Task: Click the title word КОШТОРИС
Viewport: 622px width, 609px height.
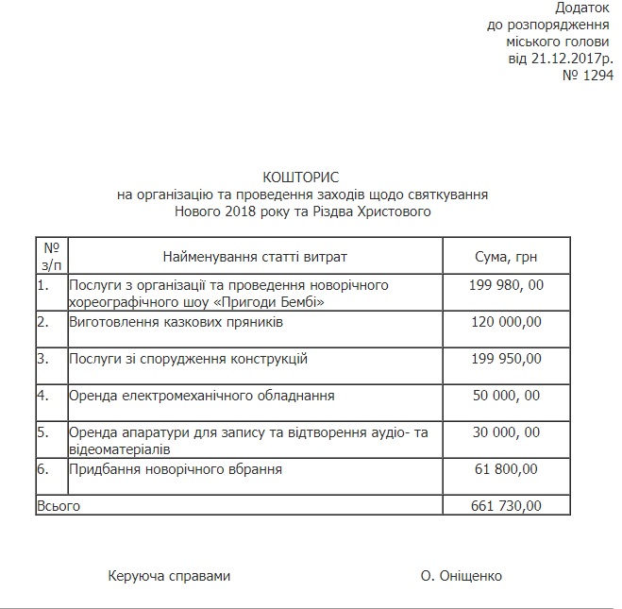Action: tap(300, 178)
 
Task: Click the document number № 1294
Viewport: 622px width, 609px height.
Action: tap(587, 75)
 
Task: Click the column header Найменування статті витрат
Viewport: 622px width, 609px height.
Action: tap(255, 257)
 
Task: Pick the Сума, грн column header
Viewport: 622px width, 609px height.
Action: tap(506, 257)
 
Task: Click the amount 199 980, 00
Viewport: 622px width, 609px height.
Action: tap(506, 285)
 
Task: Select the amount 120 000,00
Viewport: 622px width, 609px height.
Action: tap(506, 322)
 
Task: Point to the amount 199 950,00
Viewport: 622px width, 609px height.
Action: tap(506, 359)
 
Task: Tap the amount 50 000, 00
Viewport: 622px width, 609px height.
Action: tap(506, 396)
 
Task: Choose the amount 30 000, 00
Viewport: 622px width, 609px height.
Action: tap(506, 432)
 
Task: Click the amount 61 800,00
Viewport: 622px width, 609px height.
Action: tap(506, 468)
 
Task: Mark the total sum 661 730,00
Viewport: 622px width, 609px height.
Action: tap(506, 506)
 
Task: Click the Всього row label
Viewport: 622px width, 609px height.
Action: tap(59, 506)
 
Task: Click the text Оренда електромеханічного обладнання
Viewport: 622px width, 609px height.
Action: tap(202, 396)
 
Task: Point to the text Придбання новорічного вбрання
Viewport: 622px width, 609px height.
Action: tap(176, 468)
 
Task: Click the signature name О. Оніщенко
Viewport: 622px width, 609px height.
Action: tap(462, 576)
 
